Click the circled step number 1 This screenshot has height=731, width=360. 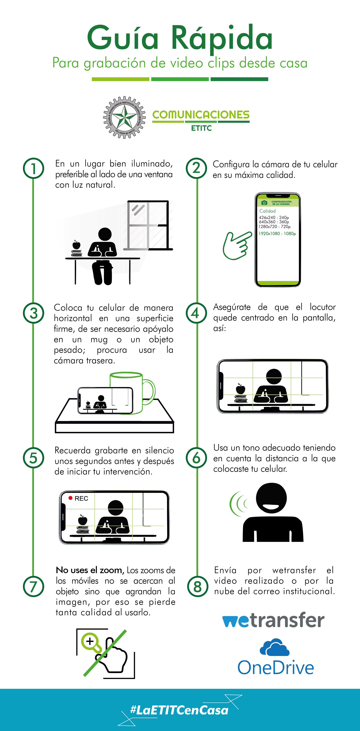pos(33,168)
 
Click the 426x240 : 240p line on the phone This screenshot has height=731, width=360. pos(274,217)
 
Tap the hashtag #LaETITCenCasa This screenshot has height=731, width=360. pos(179,710)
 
